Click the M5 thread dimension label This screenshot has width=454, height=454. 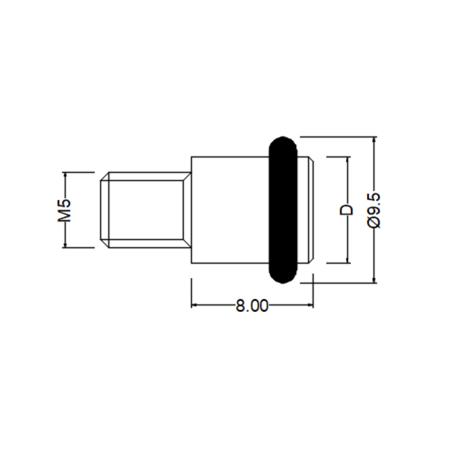pos(64,210)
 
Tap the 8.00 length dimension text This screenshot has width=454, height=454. pos(252,306)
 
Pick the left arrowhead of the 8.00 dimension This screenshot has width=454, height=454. pos(194,305)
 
